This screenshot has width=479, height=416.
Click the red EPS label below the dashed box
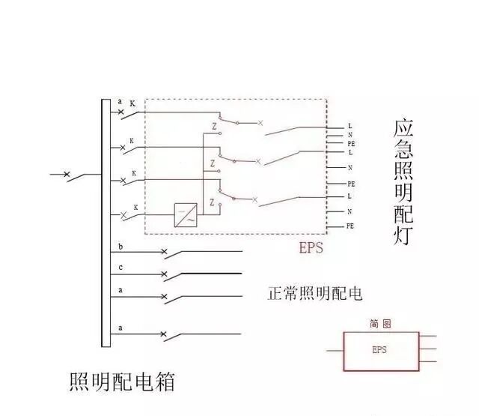pos(311,247)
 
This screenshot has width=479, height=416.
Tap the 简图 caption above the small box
pos(380,324)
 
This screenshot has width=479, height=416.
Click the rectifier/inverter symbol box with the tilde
pos(186,215)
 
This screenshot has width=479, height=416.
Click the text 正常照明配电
pos(314,293)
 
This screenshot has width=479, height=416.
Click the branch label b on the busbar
pos(121,247)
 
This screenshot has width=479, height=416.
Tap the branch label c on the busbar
pos(121,268)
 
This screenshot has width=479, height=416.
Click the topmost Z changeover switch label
pos(214,124)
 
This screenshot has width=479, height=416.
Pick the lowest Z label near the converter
pos(213,202)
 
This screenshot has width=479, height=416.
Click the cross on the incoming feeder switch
pos(67,175)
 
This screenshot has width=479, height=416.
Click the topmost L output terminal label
pos(350,125)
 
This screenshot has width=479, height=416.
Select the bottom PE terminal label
pos(350,226)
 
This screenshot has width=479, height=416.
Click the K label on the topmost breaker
pos(132,103)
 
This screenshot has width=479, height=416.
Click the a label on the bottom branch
pos(121,328)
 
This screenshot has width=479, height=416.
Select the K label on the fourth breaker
pos(135,206)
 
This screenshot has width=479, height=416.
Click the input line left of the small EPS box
pos(335,350)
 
